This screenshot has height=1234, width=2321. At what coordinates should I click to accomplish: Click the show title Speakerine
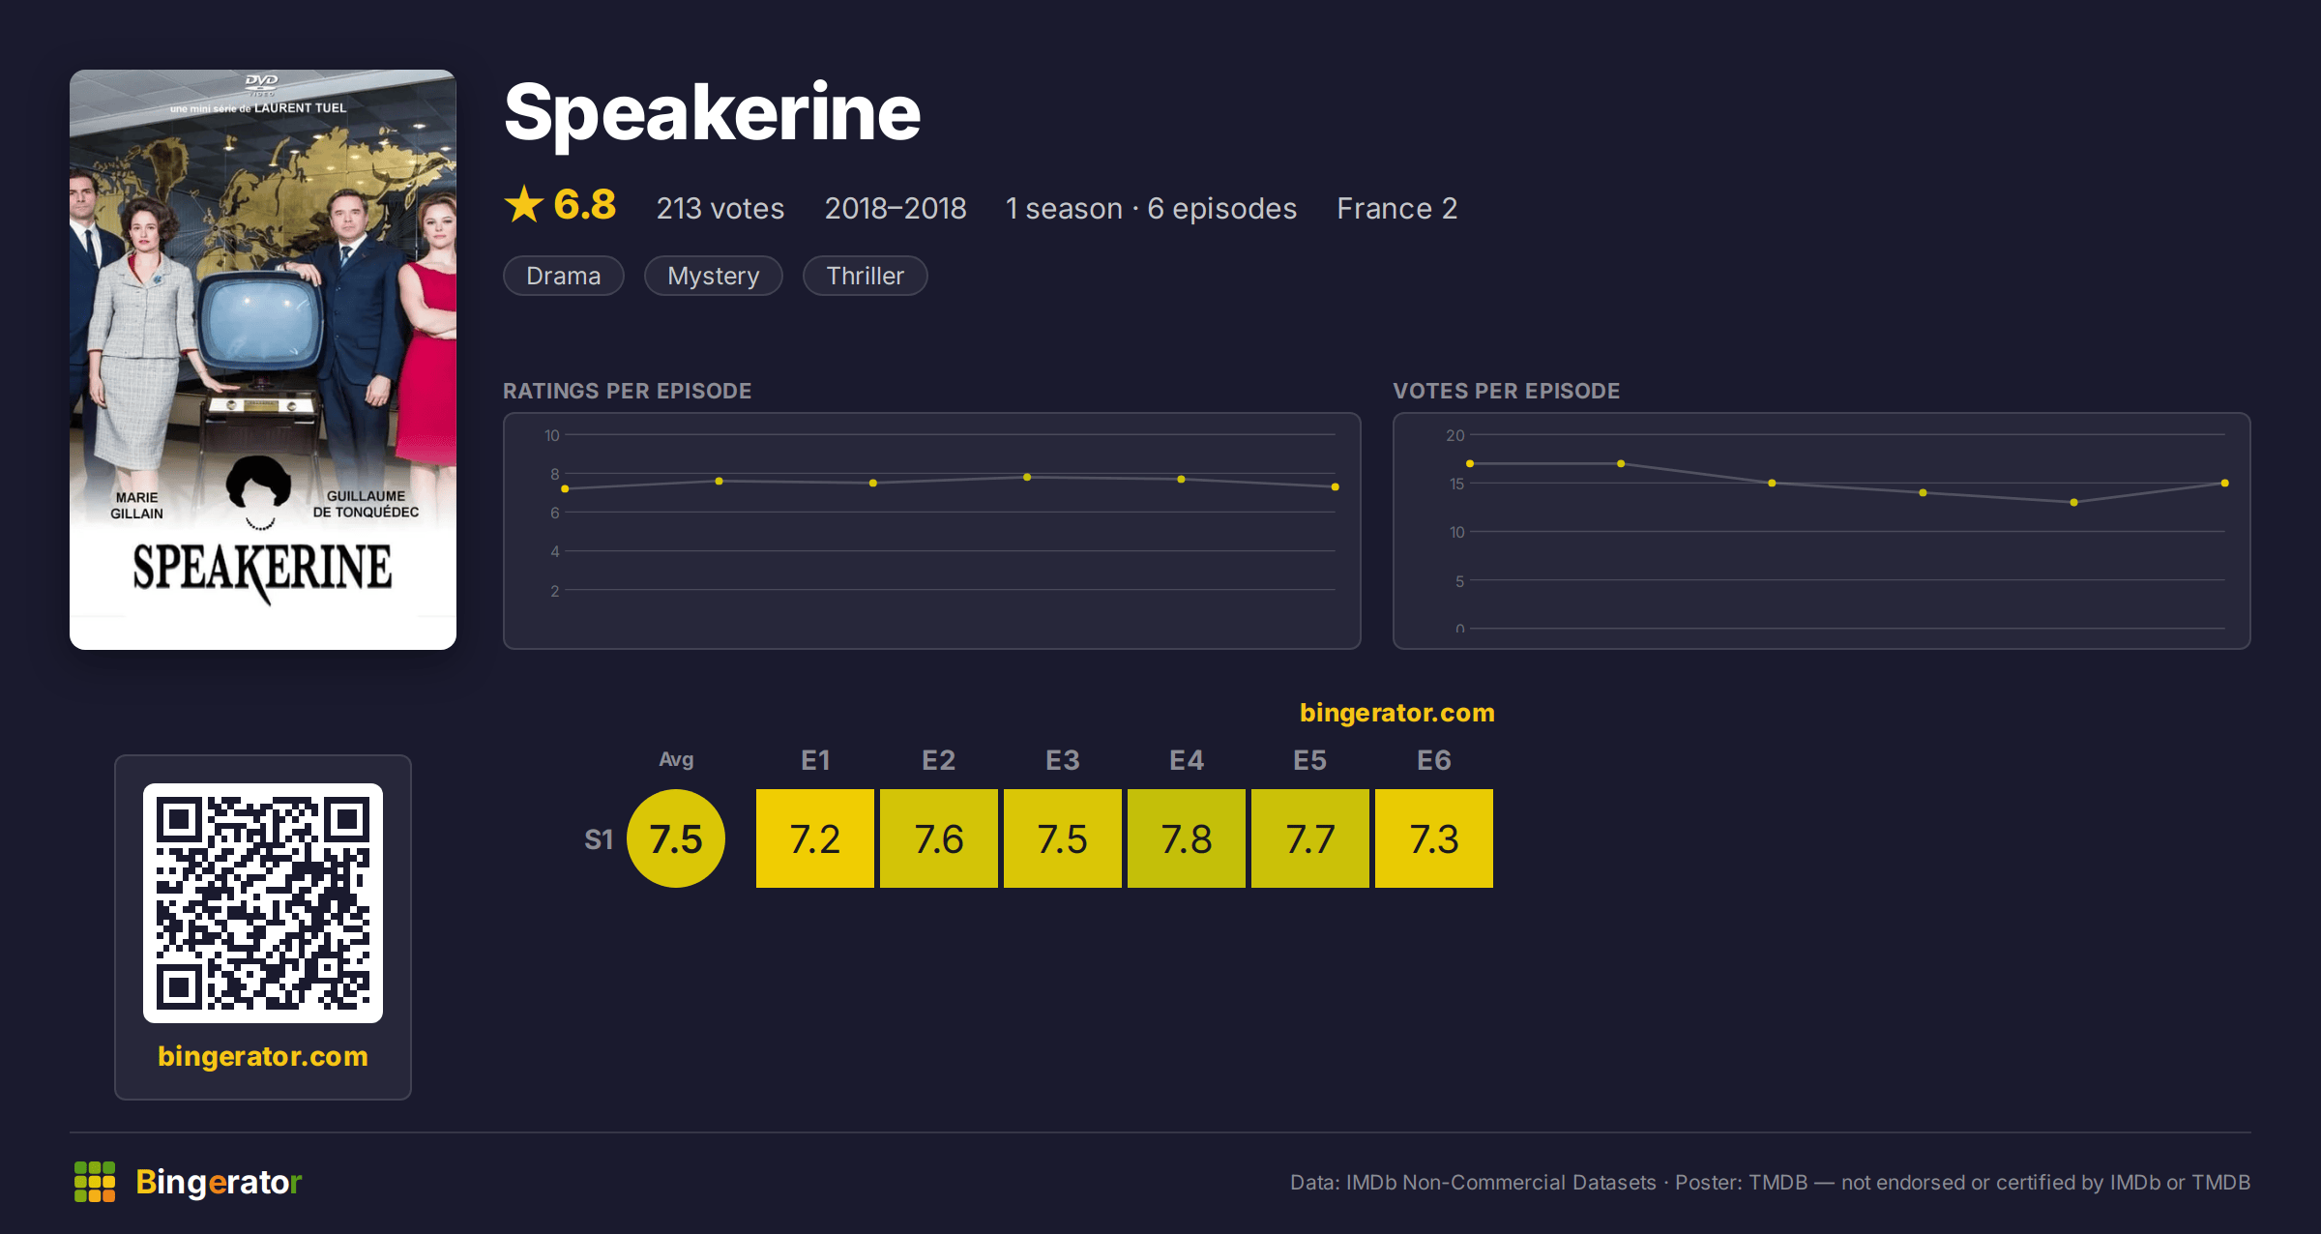[712, 114]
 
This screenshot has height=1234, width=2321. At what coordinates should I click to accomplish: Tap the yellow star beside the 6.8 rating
[524, 204]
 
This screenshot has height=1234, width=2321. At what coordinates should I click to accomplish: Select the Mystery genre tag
[714, 276]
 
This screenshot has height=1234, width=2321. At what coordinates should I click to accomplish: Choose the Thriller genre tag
[866, 276]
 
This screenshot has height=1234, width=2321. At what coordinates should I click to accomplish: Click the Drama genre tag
[564, 276]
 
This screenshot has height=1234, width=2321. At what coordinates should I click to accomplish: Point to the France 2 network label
[1396, 208]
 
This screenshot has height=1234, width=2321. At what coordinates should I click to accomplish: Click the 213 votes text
[720, 208]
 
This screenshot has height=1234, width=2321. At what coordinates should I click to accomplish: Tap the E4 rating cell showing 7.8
[1187, 838]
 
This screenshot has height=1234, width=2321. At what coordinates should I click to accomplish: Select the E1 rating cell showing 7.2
[815, 838]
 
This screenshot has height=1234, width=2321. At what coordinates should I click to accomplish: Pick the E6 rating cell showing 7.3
[1434, 838]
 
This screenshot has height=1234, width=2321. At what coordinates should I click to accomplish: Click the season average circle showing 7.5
[676, 838]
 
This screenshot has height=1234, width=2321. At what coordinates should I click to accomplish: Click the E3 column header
[1063, 760]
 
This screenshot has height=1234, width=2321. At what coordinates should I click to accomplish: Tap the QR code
[263, 903]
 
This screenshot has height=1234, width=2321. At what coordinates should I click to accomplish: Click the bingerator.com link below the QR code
[263, 1056]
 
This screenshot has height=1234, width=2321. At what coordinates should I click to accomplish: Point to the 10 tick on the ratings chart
[551, 435]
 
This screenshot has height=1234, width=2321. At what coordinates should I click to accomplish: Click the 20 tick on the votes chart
[1455, 435]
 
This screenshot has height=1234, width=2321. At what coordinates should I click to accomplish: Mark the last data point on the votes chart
[2225, 483]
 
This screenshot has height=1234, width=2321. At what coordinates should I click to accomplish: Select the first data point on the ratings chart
[565, 489]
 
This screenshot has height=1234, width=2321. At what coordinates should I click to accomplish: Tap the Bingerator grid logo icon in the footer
[95, 1182]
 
